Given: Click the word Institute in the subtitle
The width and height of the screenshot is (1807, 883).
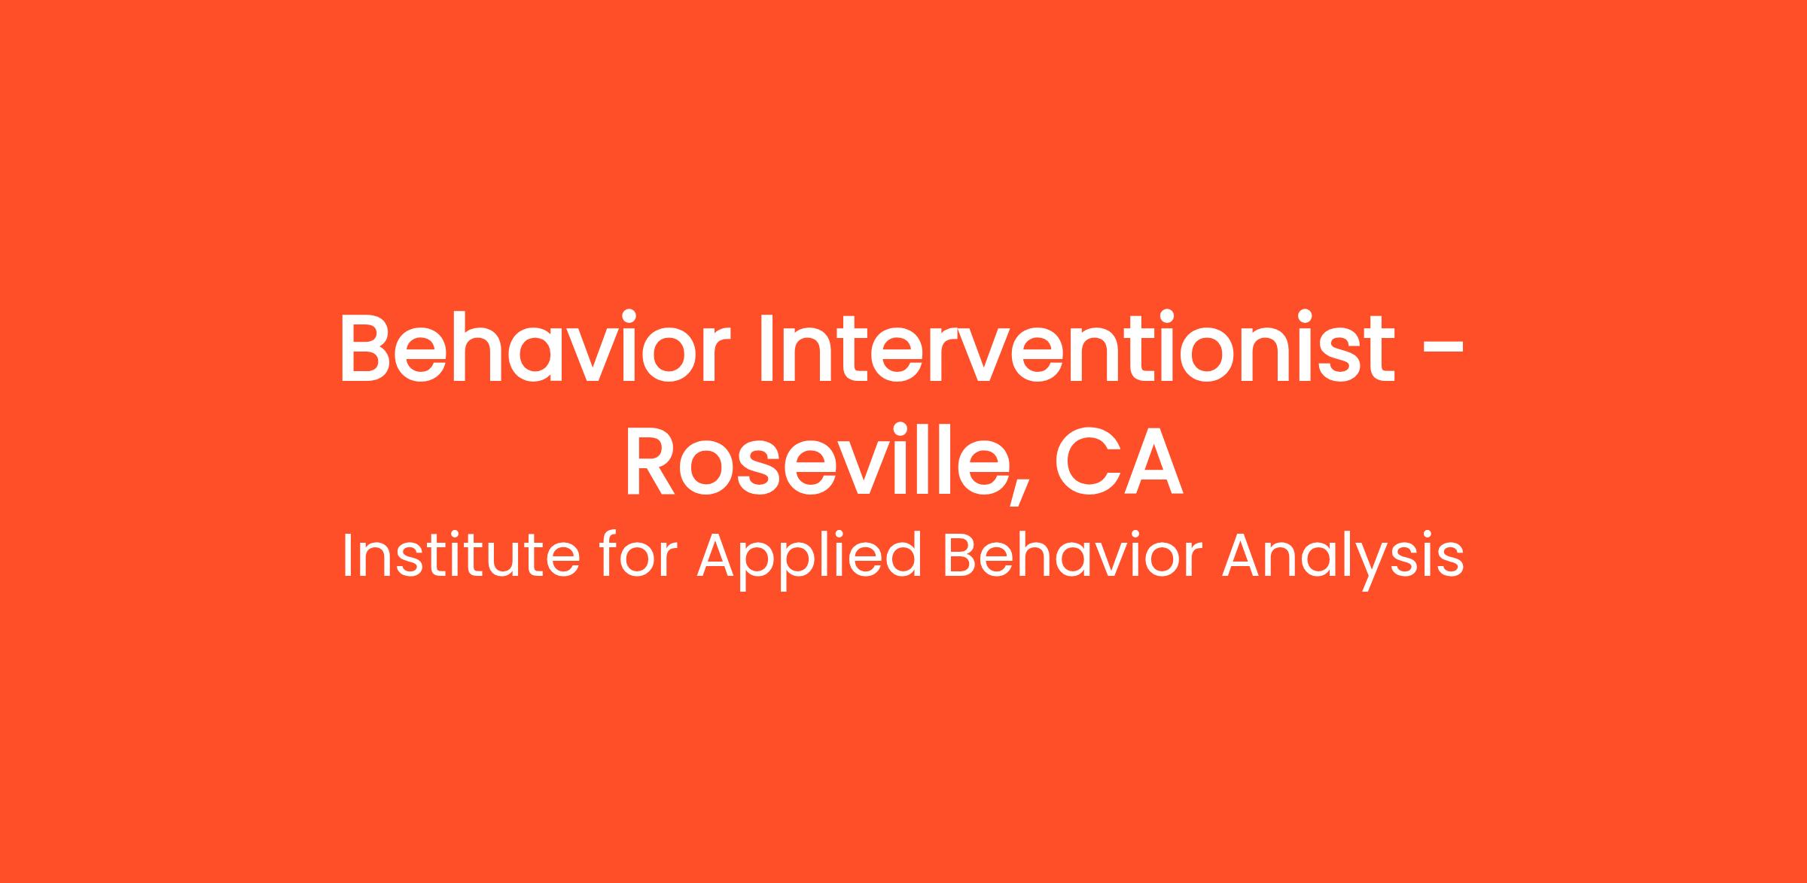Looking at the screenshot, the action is click(462, 556).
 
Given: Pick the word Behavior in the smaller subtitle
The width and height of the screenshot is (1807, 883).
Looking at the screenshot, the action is click(1070, 556).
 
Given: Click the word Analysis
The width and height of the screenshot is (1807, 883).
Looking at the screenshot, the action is click(1342, 561).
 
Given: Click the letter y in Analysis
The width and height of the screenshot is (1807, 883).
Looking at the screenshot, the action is click(1376, 568).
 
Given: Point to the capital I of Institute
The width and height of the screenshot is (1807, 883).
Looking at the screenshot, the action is click(347, 556).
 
